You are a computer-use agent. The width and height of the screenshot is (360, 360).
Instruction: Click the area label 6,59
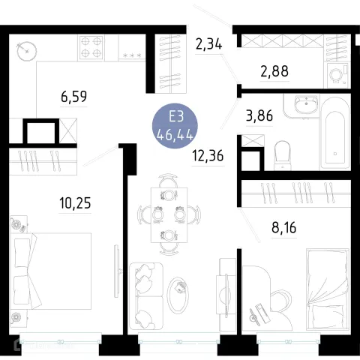tap(73, 97)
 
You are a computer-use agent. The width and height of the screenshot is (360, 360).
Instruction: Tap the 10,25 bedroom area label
tap(75, 203)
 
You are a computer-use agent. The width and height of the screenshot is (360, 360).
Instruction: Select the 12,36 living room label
tap(208, 156)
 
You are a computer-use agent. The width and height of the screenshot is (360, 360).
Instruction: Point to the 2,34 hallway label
tap(208, 44)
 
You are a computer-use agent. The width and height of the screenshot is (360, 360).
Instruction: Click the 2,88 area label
tap(274, 71)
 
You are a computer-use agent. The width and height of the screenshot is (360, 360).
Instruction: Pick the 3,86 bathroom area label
tap(259, 116)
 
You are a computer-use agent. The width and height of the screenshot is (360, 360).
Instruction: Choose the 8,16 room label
tap(284, 228)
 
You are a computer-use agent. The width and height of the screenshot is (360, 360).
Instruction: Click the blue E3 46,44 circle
tap(175, 126)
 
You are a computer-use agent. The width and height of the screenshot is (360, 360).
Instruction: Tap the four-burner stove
tap(91, 47)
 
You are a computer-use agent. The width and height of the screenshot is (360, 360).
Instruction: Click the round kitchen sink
tap(27, 51)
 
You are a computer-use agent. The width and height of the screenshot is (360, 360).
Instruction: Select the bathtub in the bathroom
tap(335, 133)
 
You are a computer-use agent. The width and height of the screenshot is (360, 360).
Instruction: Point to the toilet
tap(283, 155)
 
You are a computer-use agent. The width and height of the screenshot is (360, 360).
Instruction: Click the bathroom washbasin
tap(306, 104)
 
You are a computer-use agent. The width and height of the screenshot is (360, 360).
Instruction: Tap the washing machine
tap(337, 75)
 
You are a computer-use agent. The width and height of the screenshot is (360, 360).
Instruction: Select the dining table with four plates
tap(169, 215)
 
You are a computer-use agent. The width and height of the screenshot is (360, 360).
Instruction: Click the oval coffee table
tap(178, 295)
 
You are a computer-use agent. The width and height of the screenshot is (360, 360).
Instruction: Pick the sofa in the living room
tap(146, 296)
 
